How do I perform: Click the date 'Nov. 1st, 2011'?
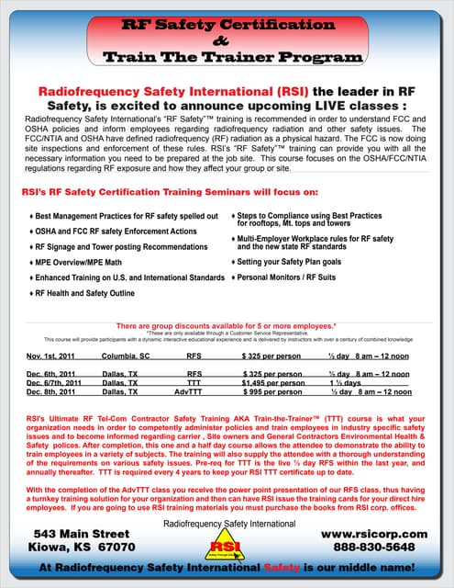point(50,354)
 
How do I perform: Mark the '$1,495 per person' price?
point(272,383)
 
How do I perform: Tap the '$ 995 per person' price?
point(272,391)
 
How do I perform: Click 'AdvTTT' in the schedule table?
point(187,391)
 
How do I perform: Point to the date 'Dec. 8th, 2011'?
point(51,391)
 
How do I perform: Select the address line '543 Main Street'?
point(81,533)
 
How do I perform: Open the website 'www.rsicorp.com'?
point(374,533)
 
